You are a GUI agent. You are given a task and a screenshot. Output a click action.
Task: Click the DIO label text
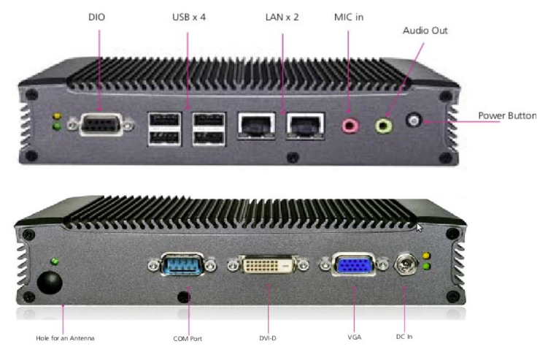96,17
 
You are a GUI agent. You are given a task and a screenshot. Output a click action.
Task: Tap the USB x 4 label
189,17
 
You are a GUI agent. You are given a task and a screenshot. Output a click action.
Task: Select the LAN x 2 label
282,17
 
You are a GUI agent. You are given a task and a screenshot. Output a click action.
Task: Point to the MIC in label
349,17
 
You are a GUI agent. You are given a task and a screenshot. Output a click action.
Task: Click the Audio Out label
425,31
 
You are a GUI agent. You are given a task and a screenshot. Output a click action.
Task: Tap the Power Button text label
507,115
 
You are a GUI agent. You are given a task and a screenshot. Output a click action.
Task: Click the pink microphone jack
350,126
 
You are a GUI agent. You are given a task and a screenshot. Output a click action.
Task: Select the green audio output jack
383,126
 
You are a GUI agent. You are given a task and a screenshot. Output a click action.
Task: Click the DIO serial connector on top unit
101,124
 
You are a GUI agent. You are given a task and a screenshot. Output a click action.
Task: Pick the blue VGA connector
354,264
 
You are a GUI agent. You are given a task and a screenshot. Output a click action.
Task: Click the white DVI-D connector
268,265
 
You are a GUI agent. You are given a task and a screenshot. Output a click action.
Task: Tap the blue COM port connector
182,264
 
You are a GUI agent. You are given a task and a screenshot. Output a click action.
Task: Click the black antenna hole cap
50,283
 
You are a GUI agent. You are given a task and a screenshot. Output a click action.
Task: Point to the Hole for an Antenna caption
65,338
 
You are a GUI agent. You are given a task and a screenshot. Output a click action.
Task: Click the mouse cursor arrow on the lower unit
420,228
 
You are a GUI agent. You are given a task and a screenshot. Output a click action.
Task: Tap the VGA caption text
355,337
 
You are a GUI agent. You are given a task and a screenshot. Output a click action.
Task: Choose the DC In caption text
404,337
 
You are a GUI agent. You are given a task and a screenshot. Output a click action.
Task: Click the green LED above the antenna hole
54,261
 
